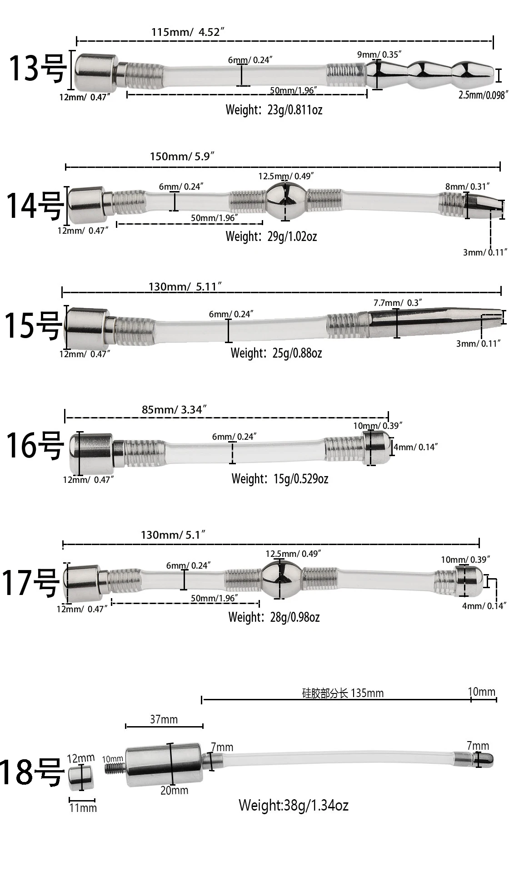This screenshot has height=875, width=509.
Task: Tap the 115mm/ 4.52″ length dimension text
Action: tap(188, 32)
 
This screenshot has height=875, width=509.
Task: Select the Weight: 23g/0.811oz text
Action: tap(274, 110)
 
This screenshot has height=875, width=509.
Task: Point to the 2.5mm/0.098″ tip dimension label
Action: tap(482, 95)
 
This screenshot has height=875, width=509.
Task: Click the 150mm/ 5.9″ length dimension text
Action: tap(182, 157)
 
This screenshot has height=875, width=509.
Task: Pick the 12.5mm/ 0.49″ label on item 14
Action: tap(286, 176)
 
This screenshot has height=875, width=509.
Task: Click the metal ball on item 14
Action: tap(285, 200)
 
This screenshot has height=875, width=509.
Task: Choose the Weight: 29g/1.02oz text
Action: tap(271, 236)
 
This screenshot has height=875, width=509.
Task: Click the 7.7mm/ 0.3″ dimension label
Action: tap(398, 302)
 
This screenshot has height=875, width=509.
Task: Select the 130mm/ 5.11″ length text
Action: tap(185, 286)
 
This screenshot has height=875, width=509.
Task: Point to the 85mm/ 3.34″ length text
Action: tap(175, 409)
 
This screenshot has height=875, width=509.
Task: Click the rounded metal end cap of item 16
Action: tap(377, 447)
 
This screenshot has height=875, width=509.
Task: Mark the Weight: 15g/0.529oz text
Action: tap(279, 479)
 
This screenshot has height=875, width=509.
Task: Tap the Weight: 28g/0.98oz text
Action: tap(274, 617)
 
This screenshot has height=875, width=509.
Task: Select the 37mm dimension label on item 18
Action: tap(164, 719)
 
